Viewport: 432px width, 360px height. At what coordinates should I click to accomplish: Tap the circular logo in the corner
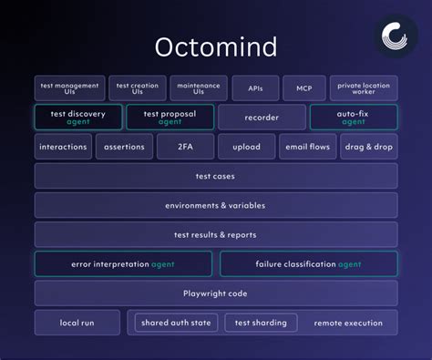(x=397, y=37)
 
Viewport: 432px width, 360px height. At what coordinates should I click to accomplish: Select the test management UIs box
(x=69, y=88)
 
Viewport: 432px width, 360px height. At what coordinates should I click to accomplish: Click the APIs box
(x=254, y=88)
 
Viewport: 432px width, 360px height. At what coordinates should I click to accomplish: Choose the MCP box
(x=303, y=88)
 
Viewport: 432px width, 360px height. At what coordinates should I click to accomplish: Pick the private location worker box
(x=363, y=88)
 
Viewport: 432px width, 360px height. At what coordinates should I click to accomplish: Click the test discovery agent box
(x=77, y=118)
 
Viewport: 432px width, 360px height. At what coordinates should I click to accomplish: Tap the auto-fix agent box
(x=353, y=118)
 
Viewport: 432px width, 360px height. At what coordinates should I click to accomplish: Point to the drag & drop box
(x=368, y=147)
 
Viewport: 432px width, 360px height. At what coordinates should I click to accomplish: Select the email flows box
(x=307, y=147)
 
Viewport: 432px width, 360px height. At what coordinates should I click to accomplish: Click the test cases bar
(x=215, y=176)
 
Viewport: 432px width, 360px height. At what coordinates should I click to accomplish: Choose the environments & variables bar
(x=215, y=205)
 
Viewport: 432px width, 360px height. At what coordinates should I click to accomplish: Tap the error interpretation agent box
(x=123, y=264)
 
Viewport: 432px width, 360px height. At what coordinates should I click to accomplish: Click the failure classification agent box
(x=308, y=264)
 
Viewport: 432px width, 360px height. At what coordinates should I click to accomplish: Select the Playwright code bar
(x=215, y=293)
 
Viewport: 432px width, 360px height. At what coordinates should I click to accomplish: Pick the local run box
(x=77, y=323)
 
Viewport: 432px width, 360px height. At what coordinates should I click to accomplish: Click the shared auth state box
(x=176, y=323)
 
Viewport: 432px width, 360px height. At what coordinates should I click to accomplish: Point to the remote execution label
(x=348, y=323)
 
